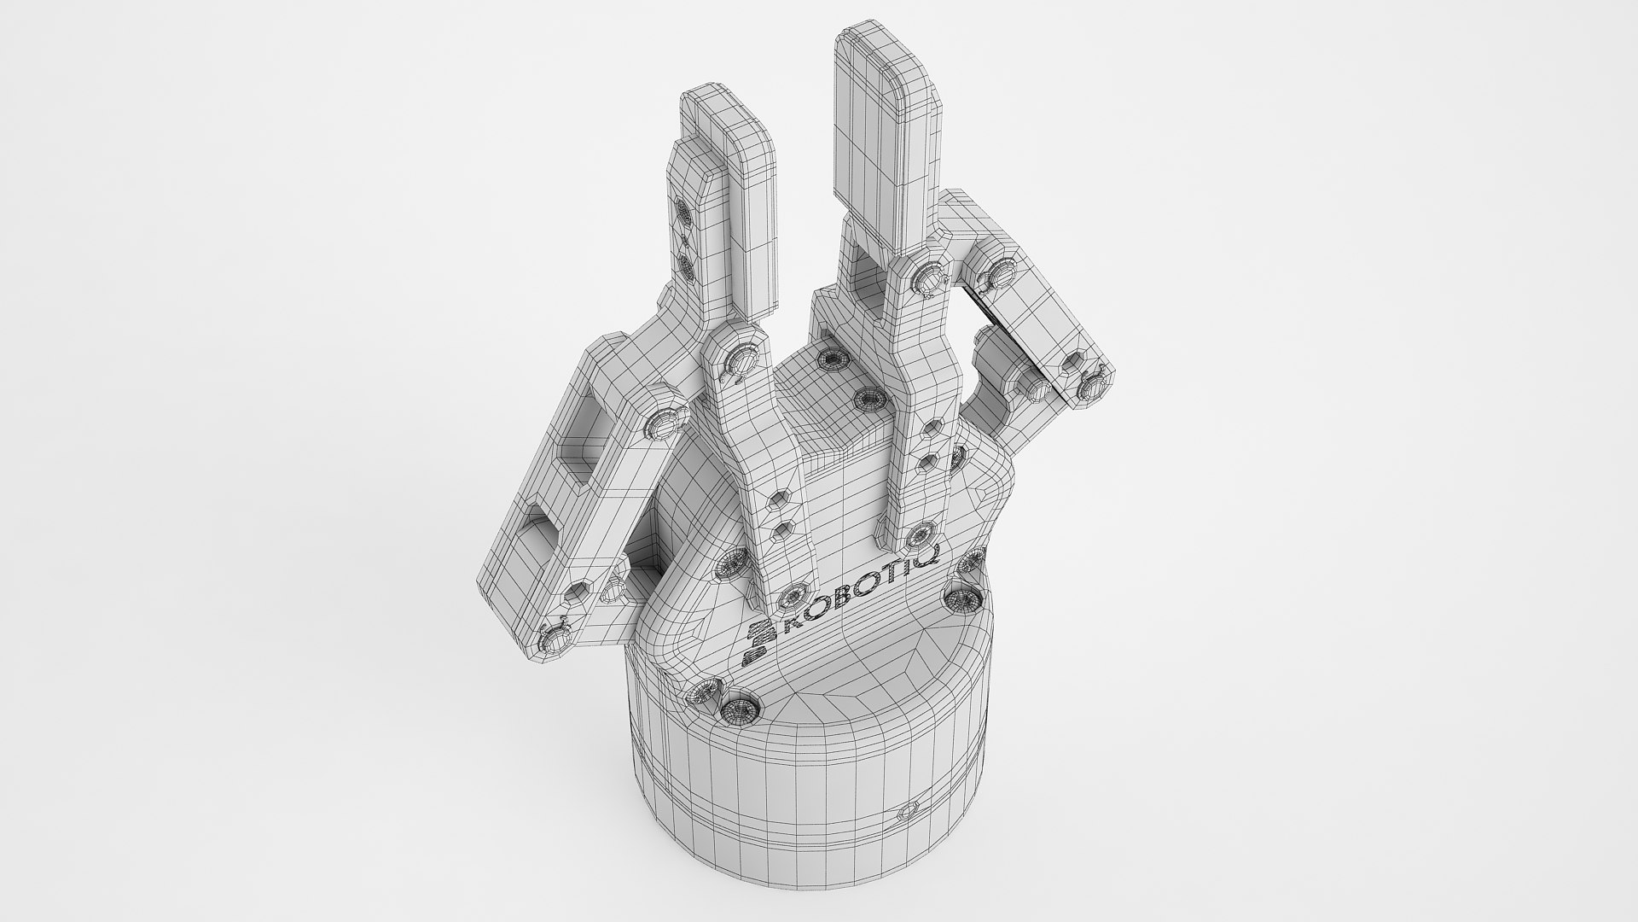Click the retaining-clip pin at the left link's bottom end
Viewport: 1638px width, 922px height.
point(554,637)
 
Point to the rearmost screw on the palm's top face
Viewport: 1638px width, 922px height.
point(828,359)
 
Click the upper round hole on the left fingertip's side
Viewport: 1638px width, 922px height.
point(685,210)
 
